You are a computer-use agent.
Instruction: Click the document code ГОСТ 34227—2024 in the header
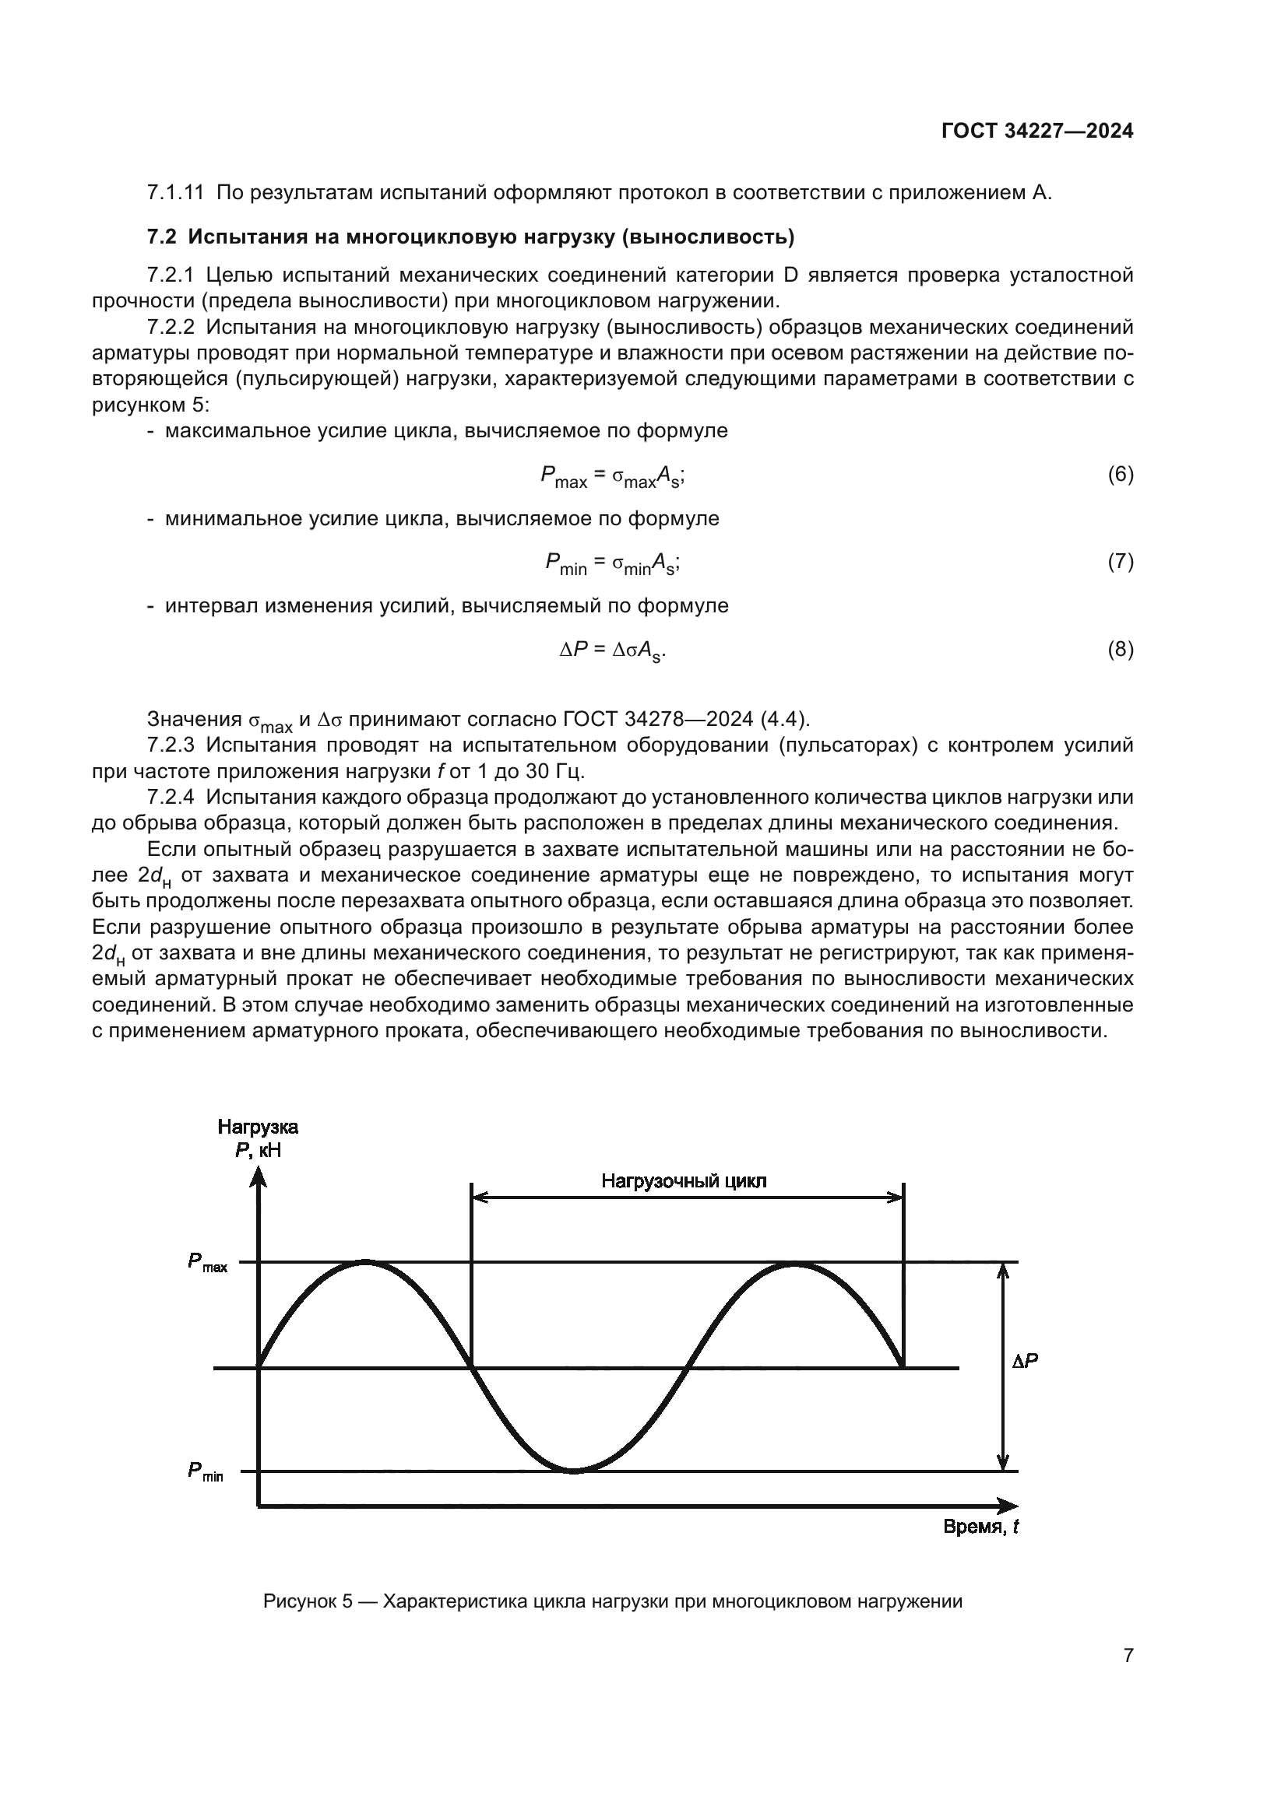pos(1037,132)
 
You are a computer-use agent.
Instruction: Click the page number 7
pos(1128,1655)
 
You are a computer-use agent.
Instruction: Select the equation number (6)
pos(1120,474)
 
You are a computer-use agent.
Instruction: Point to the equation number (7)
pos(1120,561)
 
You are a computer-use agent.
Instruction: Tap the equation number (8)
pos(1120,649)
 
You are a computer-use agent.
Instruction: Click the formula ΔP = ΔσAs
pos(612,651)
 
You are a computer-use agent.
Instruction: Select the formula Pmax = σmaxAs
pos(612,475)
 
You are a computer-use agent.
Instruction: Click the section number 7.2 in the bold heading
pos(163,237)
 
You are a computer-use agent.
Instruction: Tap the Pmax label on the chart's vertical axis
pos(207,1263)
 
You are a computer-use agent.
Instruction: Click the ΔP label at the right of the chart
pos(1025,1361)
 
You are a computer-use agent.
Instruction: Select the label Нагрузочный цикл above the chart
pos(684,1181)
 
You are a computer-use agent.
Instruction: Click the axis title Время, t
pos(980,1527)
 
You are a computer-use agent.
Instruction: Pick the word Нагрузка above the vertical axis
pos(258,1127)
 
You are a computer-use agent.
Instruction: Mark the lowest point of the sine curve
pos(573,1471)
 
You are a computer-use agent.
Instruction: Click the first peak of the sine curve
pos(364,1261)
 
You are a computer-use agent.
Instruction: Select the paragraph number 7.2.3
pos(171,745)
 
